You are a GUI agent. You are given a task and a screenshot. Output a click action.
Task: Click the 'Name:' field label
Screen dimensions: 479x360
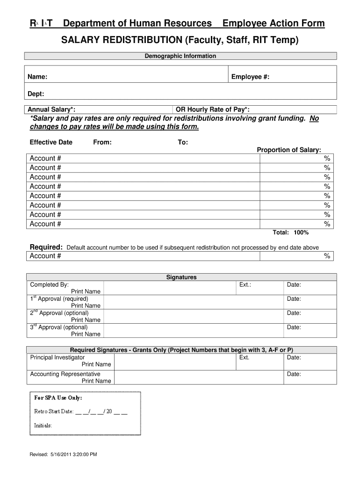tap(37, 77)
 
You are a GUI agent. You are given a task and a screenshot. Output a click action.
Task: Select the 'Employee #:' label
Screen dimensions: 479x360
tap(250, 77)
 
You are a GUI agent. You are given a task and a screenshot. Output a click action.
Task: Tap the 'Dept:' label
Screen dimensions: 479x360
tap(36, 94)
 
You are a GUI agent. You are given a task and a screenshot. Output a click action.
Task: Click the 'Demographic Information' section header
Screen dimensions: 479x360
tap(180, 56)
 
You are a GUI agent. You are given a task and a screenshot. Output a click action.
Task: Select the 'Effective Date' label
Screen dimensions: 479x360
tap(51, 142)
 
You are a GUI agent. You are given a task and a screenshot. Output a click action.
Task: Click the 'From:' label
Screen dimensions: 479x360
tap(102, 142)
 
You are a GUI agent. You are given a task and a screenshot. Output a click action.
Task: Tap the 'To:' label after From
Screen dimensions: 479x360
tap(183, 142)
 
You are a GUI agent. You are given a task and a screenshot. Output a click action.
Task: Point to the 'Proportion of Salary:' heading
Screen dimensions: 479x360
tap(289, 150)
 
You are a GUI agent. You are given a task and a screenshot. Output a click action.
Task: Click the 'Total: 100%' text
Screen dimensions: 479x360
tap(290, 232)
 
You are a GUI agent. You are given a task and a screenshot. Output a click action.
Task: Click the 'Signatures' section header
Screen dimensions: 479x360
tap(181, 277)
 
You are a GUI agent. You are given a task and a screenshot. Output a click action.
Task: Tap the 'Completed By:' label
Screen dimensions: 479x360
tap(49, 284)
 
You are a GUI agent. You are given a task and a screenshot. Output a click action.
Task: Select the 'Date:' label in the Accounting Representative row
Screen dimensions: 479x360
tap(294, 374)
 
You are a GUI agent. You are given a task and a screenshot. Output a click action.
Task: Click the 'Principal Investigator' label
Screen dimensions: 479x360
tap(58, 357)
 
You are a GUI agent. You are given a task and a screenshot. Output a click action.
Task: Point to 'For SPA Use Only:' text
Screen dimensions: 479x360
tap(58, 398)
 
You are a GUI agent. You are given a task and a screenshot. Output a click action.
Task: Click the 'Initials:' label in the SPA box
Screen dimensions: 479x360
tap(43, 425)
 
